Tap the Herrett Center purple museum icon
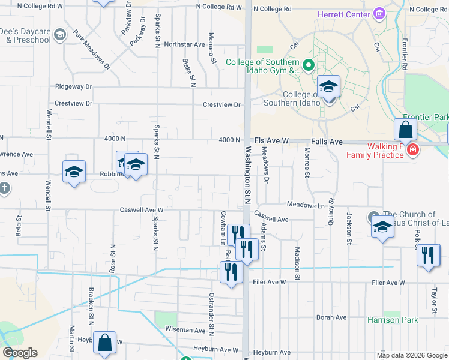point(379,13)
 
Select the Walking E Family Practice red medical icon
point(412,149)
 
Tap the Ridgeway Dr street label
point(73,86)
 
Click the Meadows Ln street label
point(305,205)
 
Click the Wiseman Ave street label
point(186,330)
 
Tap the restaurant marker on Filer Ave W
point(231,273)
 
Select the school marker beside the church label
point(382,227)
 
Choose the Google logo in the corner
point(20,353)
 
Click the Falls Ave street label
point(327,141)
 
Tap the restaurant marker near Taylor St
point(428,256)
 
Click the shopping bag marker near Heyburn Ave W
point(104,343)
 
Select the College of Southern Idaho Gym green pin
point(309,65)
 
